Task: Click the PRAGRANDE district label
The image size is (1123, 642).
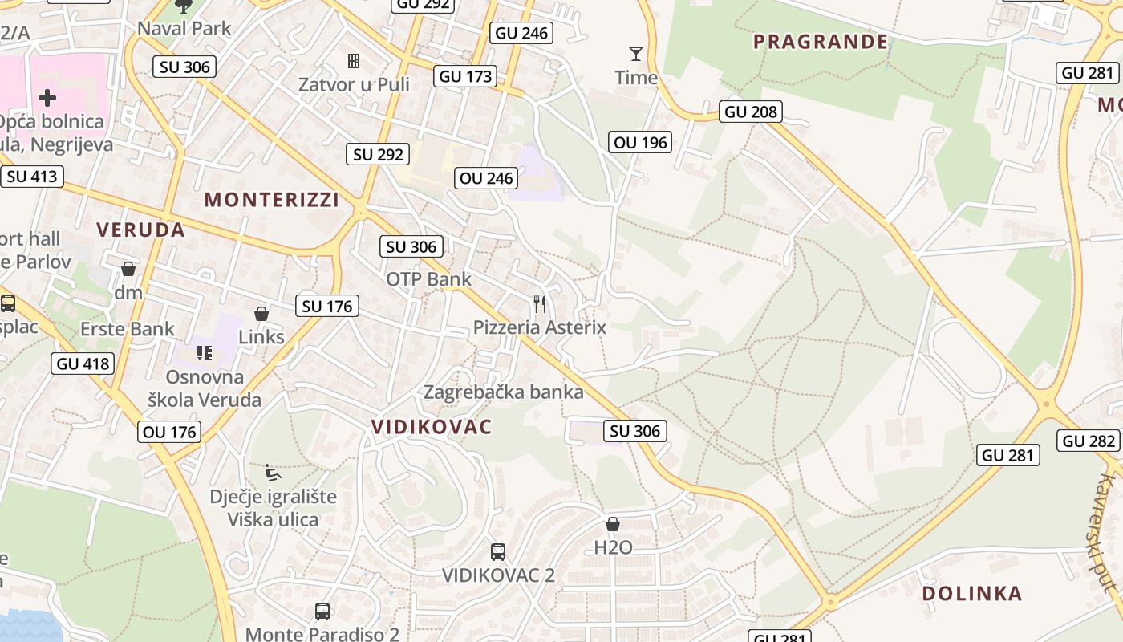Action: [x=821, y=42]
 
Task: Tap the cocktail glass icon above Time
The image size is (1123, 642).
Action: [x=636, y=54]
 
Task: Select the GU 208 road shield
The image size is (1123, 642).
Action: [x=751, y=112]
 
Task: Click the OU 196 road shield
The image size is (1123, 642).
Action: [x=640, y=143]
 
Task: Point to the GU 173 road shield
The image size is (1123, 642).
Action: [x=466, y=76]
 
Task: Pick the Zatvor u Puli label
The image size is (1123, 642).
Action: [x=354, y=84]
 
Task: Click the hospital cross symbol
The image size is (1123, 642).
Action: [x=47, y=98]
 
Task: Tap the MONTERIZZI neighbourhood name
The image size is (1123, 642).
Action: [x=272, y=200]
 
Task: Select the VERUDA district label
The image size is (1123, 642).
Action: [x=141, y=230]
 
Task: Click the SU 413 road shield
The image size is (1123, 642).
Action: [x=32, y=176]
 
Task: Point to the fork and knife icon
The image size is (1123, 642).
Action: [x=540, y=304]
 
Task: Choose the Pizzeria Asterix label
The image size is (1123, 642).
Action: [x=540, y=327]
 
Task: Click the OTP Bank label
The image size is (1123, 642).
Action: [x=429, y=279]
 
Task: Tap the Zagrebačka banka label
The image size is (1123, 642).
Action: [x=503, y=392]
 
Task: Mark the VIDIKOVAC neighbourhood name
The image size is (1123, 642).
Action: [x=432, y=427]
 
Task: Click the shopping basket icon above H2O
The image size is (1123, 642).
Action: [x=613, y=524]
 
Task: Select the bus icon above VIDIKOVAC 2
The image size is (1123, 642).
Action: [x=498, y=552]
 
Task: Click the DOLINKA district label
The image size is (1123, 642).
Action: [x=971, y=594]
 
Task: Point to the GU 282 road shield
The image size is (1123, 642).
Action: [x=1089, y=441]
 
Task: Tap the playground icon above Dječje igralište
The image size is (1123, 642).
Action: [x=273, y=472]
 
